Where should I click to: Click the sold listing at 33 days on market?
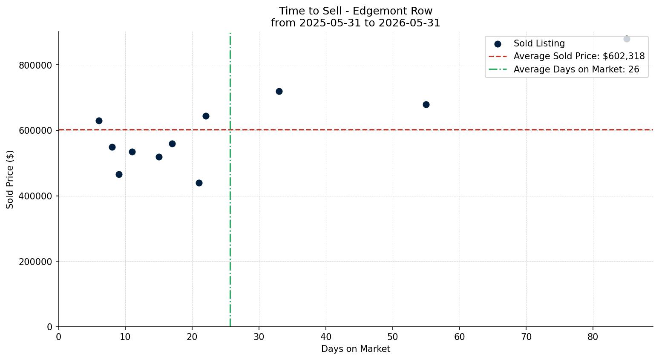pos(279,92)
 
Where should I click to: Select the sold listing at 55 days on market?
pos(426,105)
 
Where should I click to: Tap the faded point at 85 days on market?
pos(627,39)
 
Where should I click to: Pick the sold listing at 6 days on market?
pos(99,121)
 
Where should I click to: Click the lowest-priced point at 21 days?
pos(199,183)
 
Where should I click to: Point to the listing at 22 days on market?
pos(206,116)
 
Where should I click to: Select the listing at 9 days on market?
pos(119,174)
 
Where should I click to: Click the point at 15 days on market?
pos(159,157)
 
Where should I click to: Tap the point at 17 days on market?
pos(173,144)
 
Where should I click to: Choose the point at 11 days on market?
pos(132,152)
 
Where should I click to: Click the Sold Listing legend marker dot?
pos(498,44)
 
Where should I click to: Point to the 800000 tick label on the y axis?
pos(35,65)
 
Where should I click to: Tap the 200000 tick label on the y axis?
pos(35,262)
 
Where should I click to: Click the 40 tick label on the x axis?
pos(326,337)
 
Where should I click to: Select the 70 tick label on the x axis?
pos(527,337)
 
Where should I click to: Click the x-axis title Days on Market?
pos(356,349)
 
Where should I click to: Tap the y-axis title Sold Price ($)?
pos(10,179)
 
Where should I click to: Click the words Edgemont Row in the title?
pos(392,11)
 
